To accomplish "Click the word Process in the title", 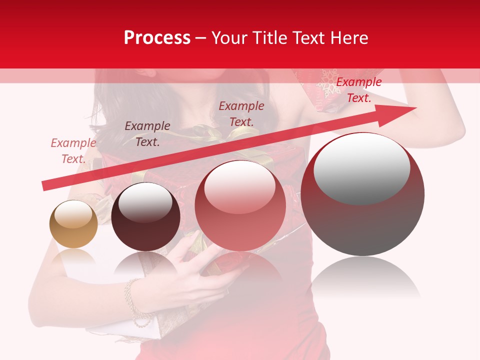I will [x=157, y=38].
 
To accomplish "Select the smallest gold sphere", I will [x=73, y=224].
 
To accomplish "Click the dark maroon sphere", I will [x=145, y=216].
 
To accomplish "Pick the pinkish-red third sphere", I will [x=240, y=205].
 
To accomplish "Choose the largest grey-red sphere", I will [x=362, y=194].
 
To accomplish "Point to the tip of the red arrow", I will [x=414, y=108].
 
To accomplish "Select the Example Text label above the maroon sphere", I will [x=147, y=134].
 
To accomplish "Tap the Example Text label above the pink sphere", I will [x=241, y=114].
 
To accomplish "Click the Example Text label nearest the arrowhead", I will [x=358, y=90].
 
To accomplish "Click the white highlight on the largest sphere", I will [x=361, y=166].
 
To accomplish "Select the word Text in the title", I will [x=311, y=38].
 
